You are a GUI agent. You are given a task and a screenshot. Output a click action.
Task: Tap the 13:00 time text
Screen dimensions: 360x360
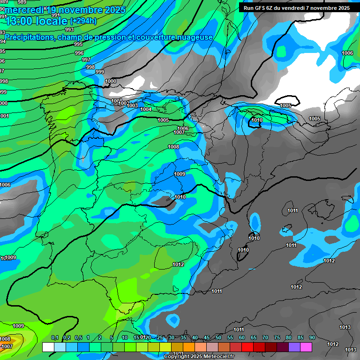coord(20,21)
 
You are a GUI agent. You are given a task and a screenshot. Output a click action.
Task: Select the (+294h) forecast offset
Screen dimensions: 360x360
coord(83,21)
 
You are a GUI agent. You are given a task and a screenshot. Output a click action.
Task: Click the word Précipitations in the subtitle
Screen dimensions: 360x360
coord(29,37)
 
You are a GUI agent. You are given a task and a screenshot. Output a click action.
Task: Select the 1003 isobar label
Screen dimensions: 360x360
coord(133,105)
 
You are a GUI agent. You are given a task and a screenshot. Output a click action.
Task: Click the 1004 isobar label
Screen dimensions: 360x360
coord(146,109)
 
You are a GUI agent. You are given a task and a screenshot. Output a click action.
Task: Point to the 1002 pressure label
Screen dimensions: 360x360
coord(124,103)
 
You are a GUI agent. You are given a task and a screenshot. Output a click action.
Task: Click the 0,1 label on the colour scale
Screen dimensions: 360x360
coord(54,338)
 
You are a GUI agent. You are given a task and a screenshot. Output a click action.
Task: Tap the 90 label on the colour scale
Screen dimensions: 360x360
coord(312,338)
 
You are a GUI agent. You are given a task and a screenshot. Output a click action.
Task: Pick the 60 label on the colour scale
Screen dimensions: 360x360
coord(242,338)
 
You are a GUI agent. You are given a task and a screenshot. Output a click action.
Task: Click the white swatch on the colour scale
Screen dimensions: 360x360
coord(48,347)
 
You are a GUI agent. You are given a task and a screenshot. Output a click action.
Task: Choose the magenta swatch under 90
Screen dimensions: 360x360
coord(306,347)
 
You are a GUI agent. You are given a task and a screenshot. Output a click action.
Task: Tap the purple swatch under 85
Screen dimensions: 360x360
coord(294,347)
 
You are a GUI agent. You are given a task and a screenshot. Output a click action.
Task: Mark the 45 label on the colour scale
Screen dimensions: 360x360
coord(207,338)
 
